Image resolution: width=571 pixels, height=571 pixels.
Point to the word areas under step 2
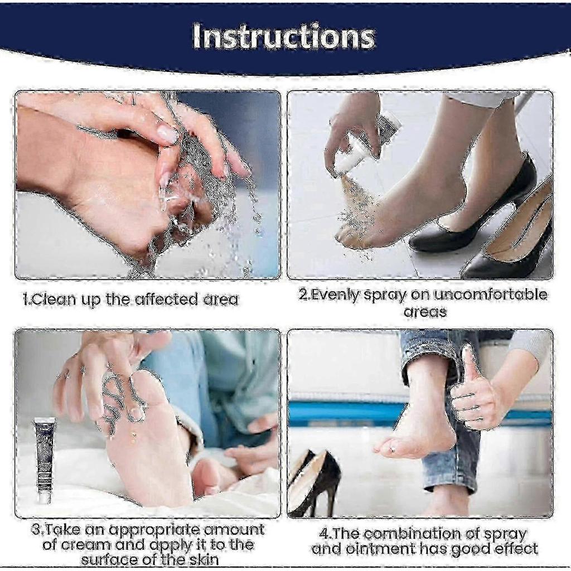(x=425, y=312)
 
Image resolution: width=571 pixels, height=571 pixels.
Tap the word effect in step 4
(x=513, y=549)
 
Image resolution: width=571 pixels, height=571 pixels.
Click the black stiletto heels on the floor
(x=316, y=482)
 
